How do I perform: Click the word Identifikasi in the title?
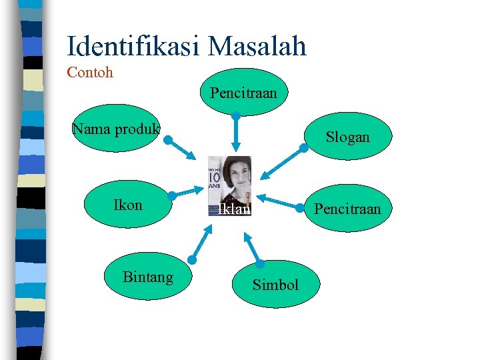click(133, 46)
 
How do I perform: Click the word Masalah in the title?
click(257, 46)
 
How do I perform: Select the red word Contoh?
click(90, 72)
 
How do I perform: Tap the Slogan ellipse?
click(347, 137)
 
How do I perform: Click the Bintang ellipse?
click(148, 277)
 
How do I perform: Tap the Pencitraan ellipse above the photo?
click(243, 92)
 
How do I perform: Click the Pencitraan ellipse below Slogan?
click(347, 209)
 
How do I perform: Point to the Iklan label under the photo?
click(234, 209)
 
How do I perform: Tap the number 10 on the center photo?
click(215, 177)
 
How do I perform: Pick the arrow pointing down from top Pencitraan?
click(235, 133)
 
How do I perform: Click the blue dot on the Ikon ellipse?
click(171, 196)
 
